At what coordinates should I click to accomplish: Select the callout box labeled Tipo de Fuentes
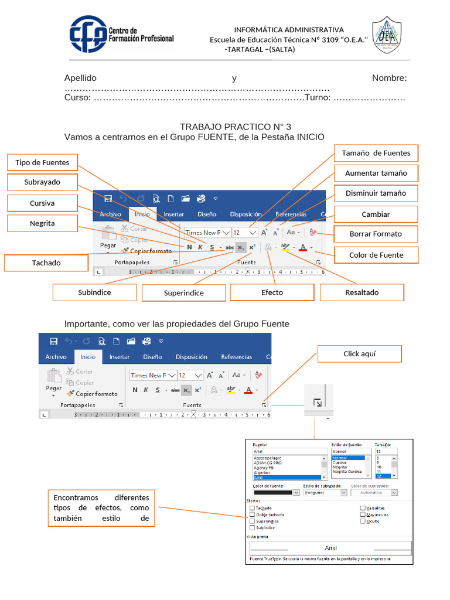(42, 162)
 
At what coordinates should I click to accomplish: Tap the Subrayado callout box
(42, 182)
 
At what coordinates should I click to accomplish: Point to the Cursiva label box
(42, 203)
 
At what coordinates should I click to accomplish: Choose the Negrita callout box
(42, 223)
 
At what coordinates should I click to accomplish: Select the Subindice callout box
(94, 292)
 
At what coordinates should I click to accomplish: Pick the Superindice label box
(183, 293)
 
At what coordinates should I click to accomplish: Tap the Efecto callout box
(272, 292)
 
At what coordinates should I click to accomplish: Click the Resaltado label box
(362, 292)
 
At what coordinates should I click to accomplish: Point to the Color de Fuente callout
(376, 255)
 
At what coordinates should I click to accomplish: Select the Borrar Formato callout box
(376, 234)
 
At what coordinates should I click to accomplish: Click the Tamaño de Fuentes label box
(376, 154)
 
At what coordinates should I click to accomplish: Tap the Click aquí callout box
(359, 354)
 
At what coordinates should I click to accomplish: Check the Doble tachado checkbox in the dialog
(252, 514)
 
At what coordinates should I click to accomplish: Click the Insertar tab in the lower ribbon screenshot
(120, 357)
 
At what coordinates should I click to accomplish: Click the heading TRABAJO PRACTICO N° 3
(235, 127)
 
